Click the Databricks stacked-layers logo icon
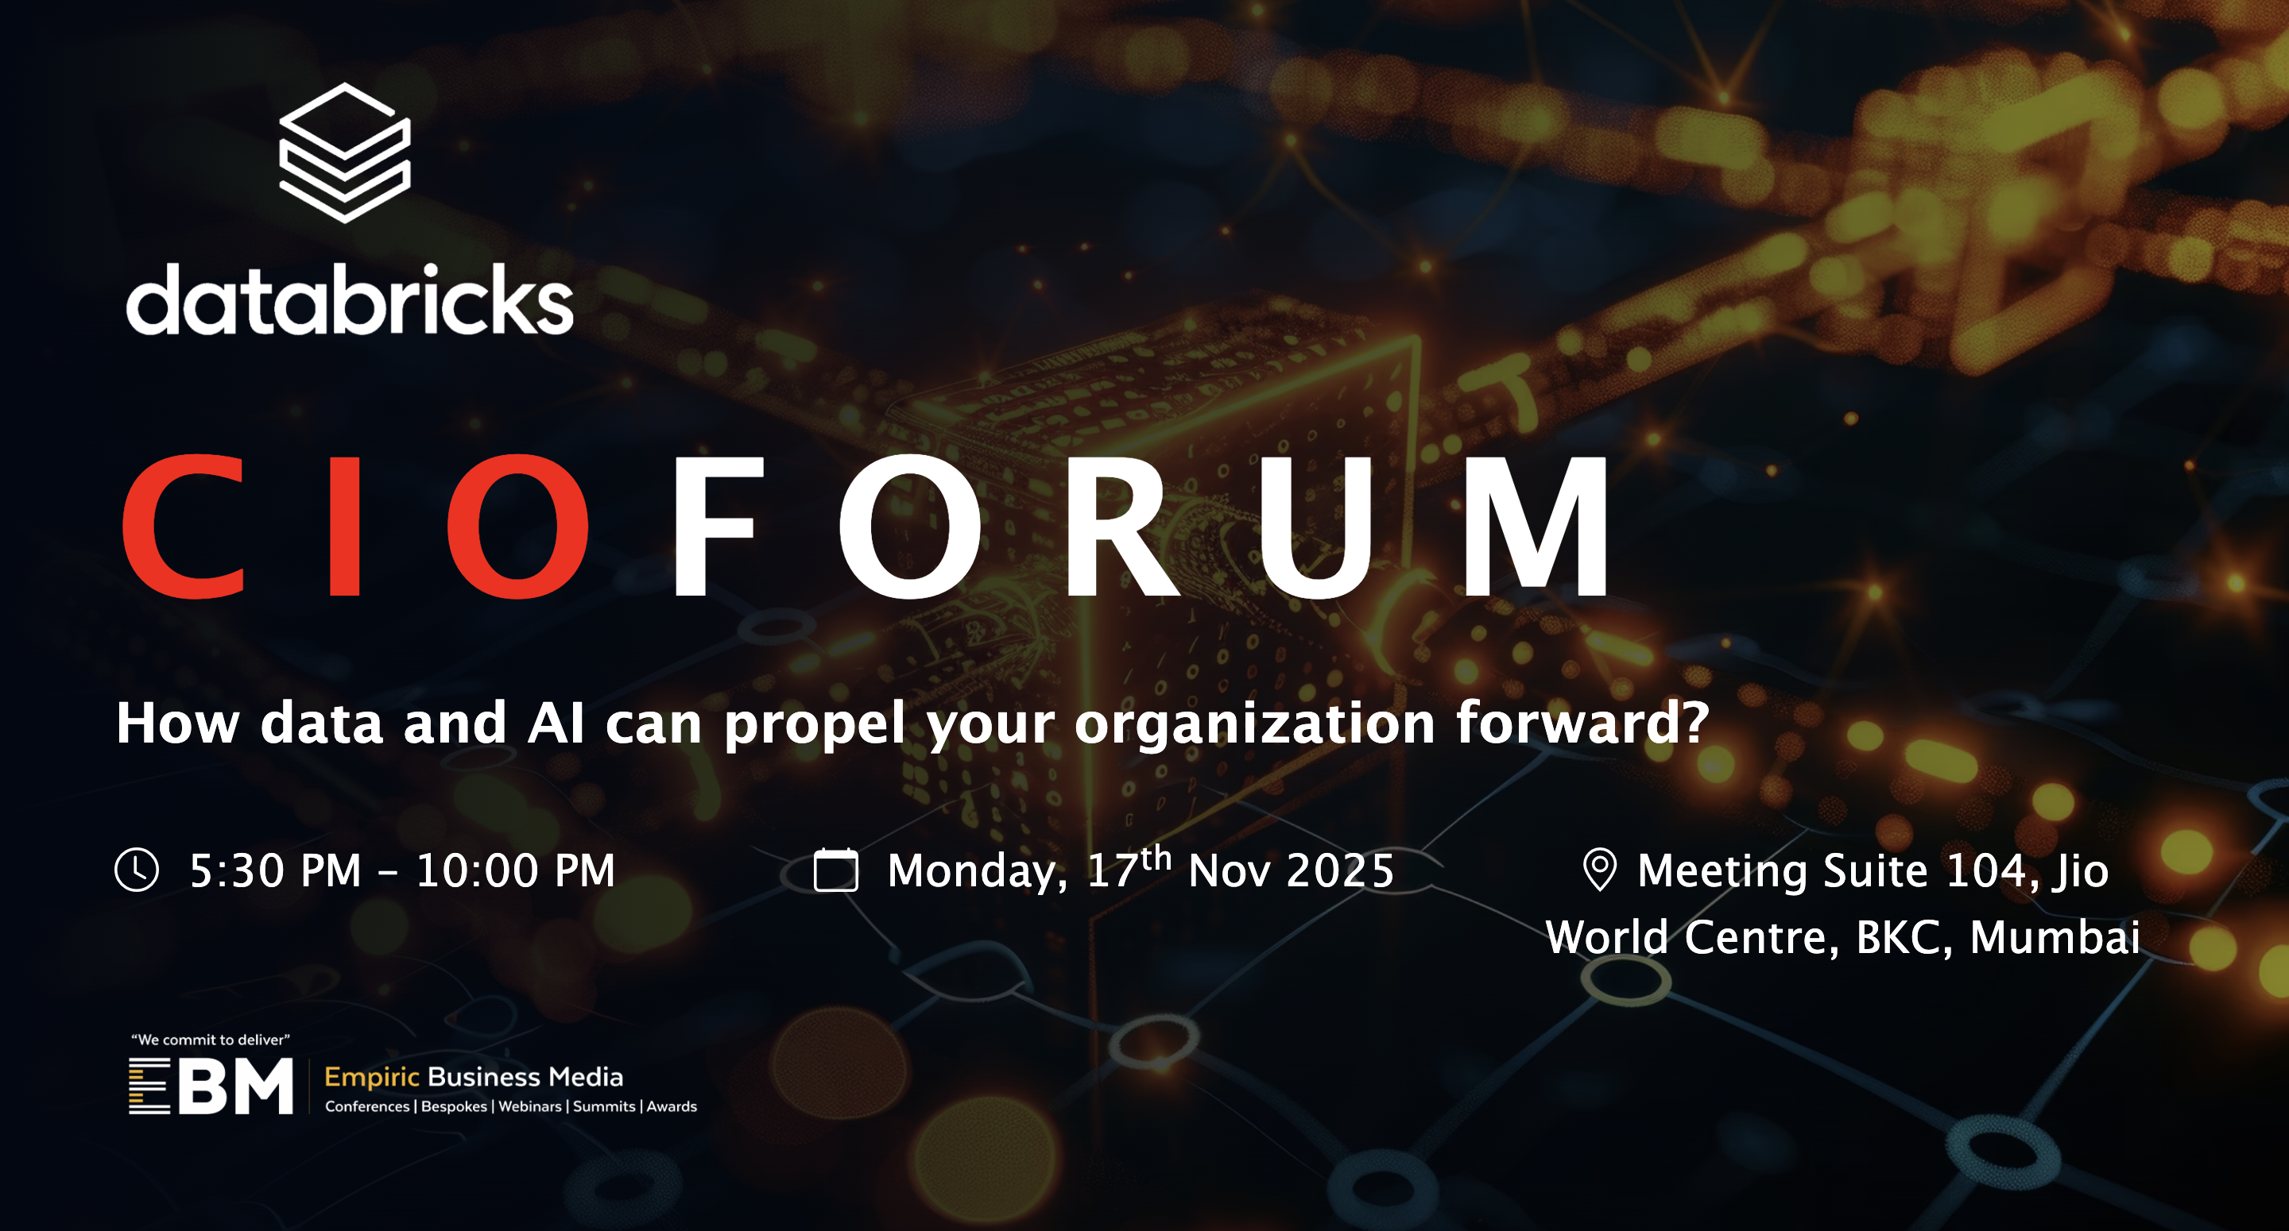[x=345, y=152]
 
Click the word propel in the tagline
[x=815, y=724]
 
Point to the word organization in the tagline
[x=1255, y=724]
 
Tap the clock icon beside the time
[x=137, y=870]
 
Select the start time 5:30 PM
[x=276, y=870]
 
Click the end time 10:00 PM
[x=515, y=870]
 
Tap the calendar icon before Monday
[x=835, y=870]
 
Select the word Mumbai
[x=2055, y=937]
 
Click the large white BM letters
[x=235, y=1086]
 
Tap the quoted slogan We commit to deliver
[x=211, y=1039]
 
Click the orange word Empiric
[x=371, y=1079]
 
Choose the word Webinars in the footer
[x=529, y=1106]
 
